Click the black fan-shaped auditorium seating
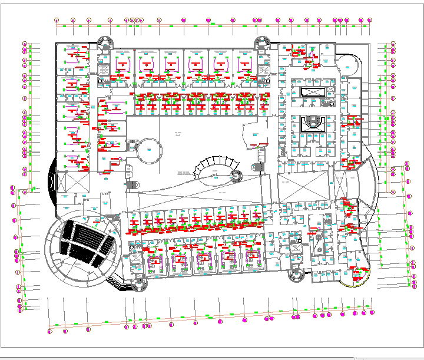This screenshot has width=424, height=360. pyautogui.click(x=88, y=242)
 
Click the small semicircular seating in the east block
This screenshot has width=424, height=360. pyautogui.click(x=312, y=123)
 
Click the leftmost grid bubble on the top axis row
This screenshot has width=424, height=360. pyautogui.click(x=57, y=21)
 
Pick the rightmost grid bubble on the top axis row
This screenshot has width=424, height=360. pyautogui.click(x=369, y=21)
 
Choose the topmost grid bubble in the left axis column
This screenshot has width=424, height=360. pyautogui.click(x=25, y=44)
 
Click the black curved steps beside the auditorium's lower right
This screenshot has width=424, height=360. pyautogui.click(x=122, y=285)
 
